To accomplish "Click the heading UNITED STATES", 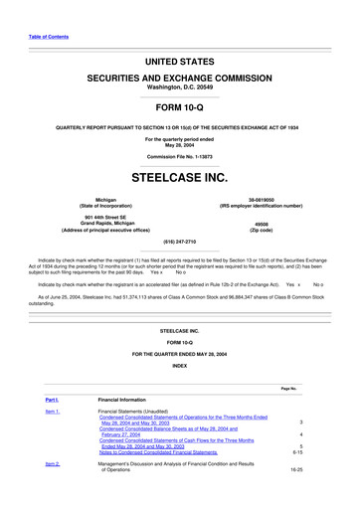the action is click(x=180, y=61).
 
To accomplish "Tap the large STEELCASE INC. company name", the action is click(x=180, y=179).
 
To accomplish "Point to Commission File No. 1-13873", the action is click(x=180, y=157).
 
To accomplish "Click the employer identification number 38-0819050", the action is click(x=262, y=199).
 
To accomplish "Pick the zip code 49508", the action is click(x=262, y=224).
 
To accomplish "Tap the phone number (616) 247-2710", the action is click(x=180, y=242).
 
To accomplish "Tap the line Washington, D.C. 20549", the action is click(x=180, y=86).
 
